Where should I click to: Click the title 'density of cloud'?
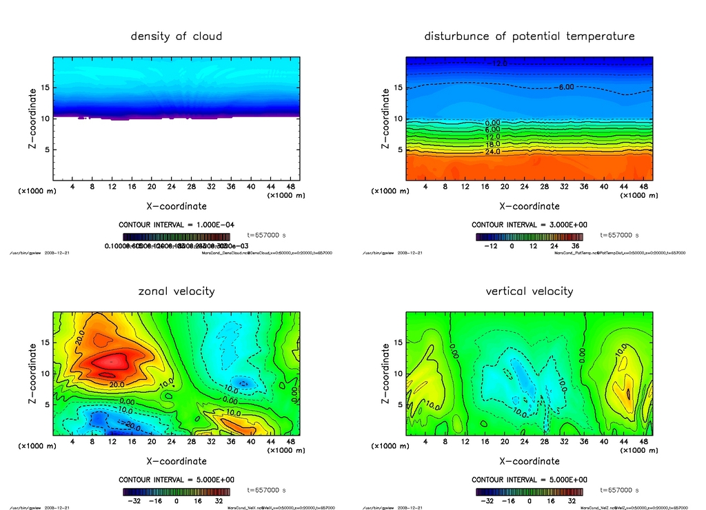tap(176, 36)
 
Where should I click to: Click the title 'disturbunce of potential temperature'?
tap(529, 36)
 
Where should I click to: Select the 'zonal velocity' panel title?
tap(176, 291)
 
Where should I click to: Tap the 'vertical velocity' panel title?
tap(529, 291)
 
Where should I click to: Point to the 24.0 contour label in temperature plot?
tap(493, 152)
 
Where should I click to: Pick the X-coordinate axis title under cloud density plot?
tap(176, 206)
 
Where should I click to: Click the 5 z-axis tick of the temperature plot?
tap(399, 150)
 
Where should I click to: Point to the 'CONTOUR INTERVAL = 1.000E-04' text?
tap(176, 225)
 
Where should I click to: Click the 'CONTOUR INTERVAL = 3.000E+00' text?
tap(529, 225)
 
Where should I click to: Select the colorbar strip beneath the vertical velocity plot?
tap(529, 492)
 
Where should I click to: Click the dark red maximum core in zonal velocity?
tap(110, 360)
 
